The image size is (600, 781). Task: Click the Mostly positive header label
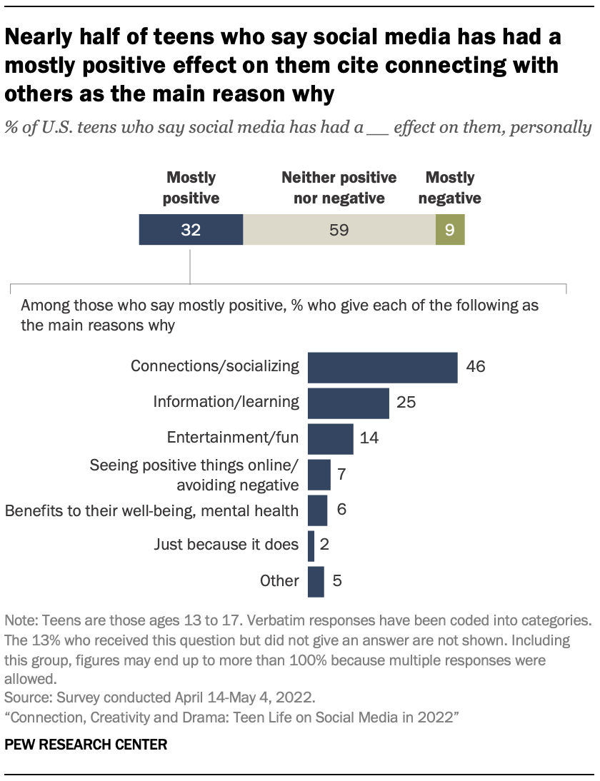(191, 187)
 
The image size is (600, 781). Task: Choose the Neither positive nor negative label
(339, 187)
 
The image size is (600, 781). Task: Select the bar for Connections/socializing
(382, 368)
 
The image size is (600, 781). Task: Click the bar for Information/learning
(348, 403)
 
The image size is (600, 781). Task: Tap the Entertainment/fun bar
(330, 438)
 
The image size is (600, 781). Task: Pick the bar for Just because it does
(311, 545)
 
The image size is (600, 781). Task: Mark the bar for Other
(315, 581)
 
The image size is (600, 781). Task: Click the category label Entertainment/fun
(232, 438)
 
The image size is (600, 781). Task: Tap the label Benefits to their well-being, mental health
(151, 510)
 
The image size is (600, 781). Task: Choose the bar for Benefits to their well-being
(317, 510)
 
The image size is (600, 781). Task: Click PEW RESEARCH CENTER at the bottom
(86, 745)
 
